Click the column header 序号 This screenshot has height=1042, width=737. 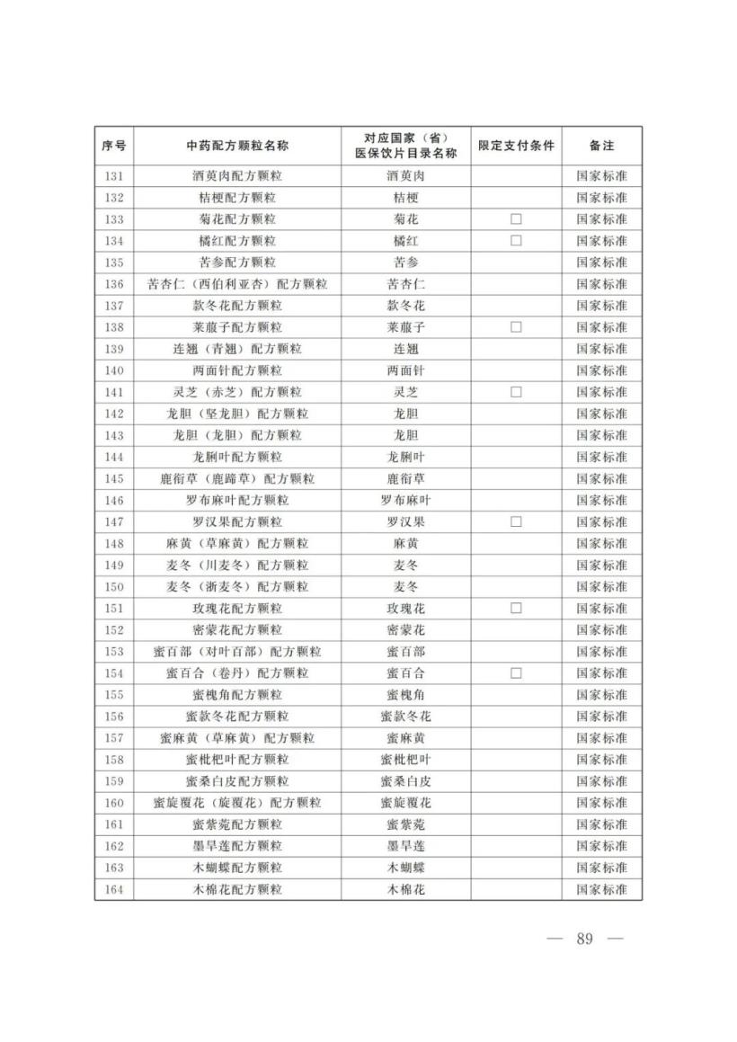click(x=113, y=146)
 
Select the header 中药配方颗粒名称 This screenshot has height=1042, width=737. click(x=237, y=146)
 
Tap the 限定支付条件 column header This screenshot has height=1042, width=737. click(x=516, y=146)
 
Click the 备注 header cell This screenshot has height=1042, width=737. click(x=601, y=146)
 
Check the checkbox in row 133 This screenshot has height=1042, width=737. click(x=516, y=219)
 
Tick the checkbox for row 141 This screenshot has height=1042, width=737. click(x=516, y=392)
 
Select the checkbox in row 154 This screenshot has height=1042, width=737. click(x=516, y=673)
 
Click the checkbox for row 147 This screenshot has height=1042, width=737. click(x=516, y=521)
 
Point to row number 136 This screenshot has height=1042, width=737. click(x=113, y=284)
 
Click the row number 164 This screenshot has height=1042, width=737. click(x=113, y=889)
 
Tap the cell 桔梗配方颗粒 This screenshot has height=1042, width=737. click(x=237, y=198)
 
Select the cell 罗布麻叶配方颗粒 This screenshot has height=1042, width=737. click(x=237, y=500)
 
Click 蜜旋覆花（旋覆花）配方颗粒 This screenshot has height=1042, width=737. click(x=237, y=803)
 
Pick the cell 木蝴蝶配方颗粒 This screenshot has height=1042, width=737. click(x=237, y=868)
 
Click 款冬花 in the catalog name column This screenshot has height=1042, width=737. click(x=405, y=306)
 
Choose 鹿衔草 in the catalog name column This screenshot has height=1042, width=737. click(x=405, y=478)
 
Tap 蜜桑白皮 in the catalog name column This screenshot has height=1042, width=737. click(x=405, y=781)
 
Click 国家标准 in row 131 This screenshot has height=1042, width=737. click(x=601, y=176)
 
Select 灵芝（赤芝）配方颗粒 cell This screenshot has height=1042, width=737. click(x=237, y=392)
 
